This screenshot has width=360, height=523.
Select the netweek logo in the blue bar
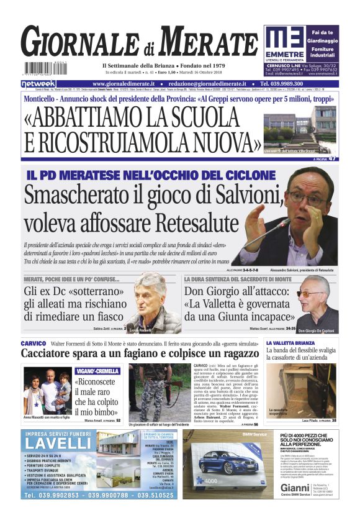(x=38, y=83)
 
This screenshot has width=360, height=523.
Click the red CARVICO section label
(x=33, y=343)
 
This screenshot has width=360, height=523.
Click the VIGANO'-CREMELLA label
(x=97, y=371)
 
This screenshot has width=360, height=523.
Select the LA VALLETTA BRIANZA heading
(x=290, y=343)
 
